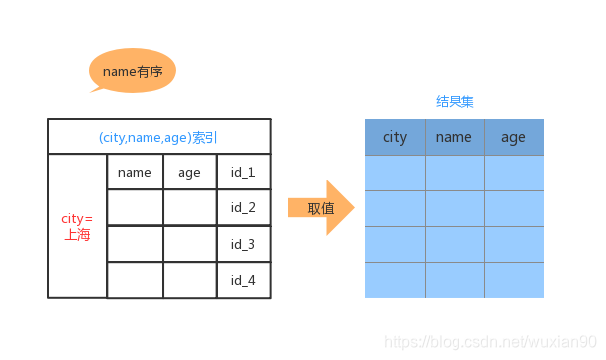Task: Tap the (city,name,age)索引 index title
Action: point(158,137)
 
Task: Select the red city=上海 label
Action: point(77,226)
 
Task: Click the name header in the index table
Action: point(135,172)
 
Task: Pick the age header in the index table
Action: point(189,172)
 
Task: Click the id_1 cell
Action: point(243,172)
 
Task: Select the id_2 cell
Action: point(243,207)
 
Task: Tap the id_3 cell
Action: point(243,244)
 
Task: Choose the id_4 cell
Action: point(243,280)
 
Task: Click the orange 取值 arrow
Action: point(321,208)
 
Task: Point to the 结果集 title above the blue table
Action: point(454,102)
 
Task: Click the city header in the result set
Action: point(395,137)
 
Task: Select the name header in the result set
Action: point(454,137)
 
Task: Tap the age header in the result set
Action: point(514,137)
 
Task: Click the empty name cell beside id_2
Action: point(135,207)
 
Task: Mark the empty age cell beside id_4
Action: point(189,280)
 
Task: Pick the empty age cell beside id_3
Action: point(189,244)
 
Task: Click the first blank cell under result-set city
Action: point(395,173)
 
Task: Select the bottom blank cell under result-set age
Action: point(514,280)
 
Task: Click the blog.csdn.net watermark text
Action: point(489,343)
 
